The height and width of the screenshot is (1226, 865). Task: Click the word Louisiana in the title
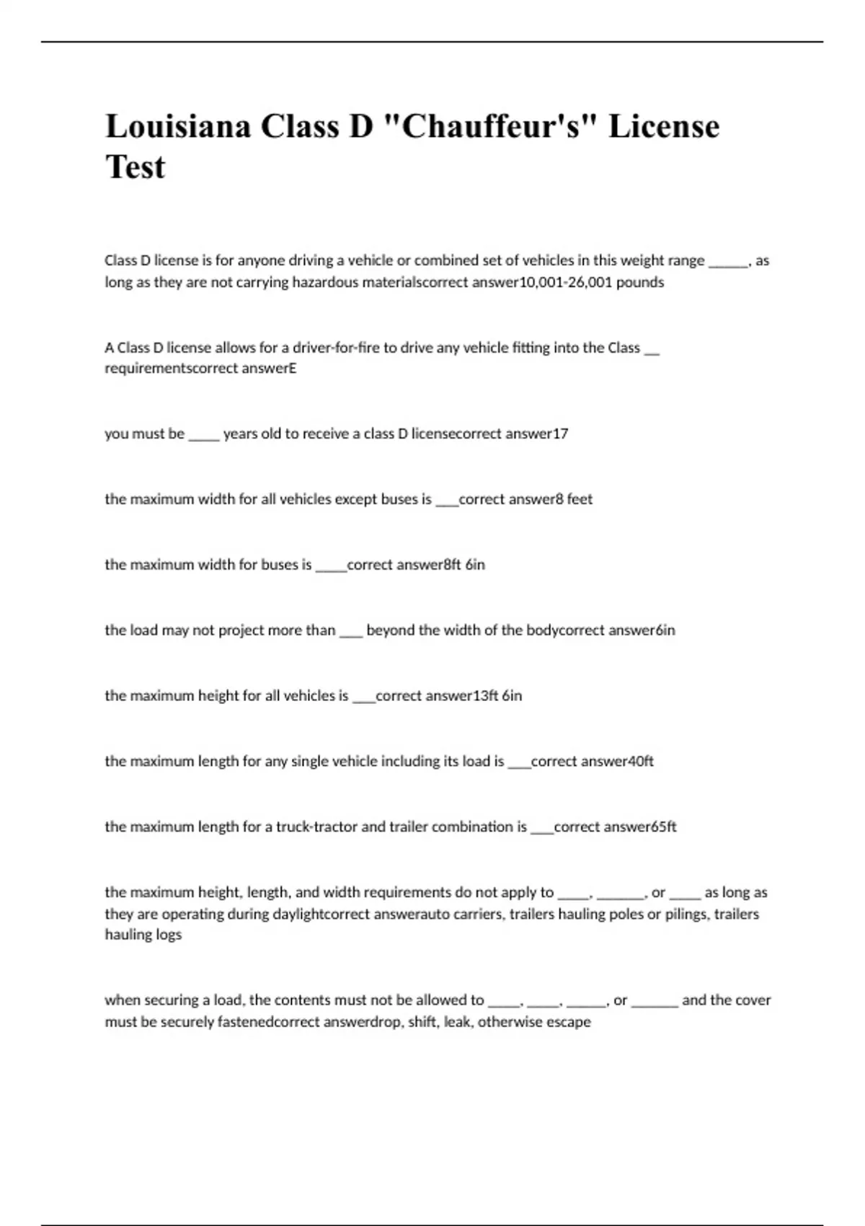click(178, 127)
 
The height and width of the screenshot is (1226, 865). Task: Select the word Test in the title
click(136, 167)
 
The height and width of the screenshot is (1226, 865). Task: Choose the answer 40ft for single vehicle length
click(641, 762)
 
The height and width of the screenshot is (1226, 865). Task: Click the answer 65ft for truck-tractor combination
click(664, 827)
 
